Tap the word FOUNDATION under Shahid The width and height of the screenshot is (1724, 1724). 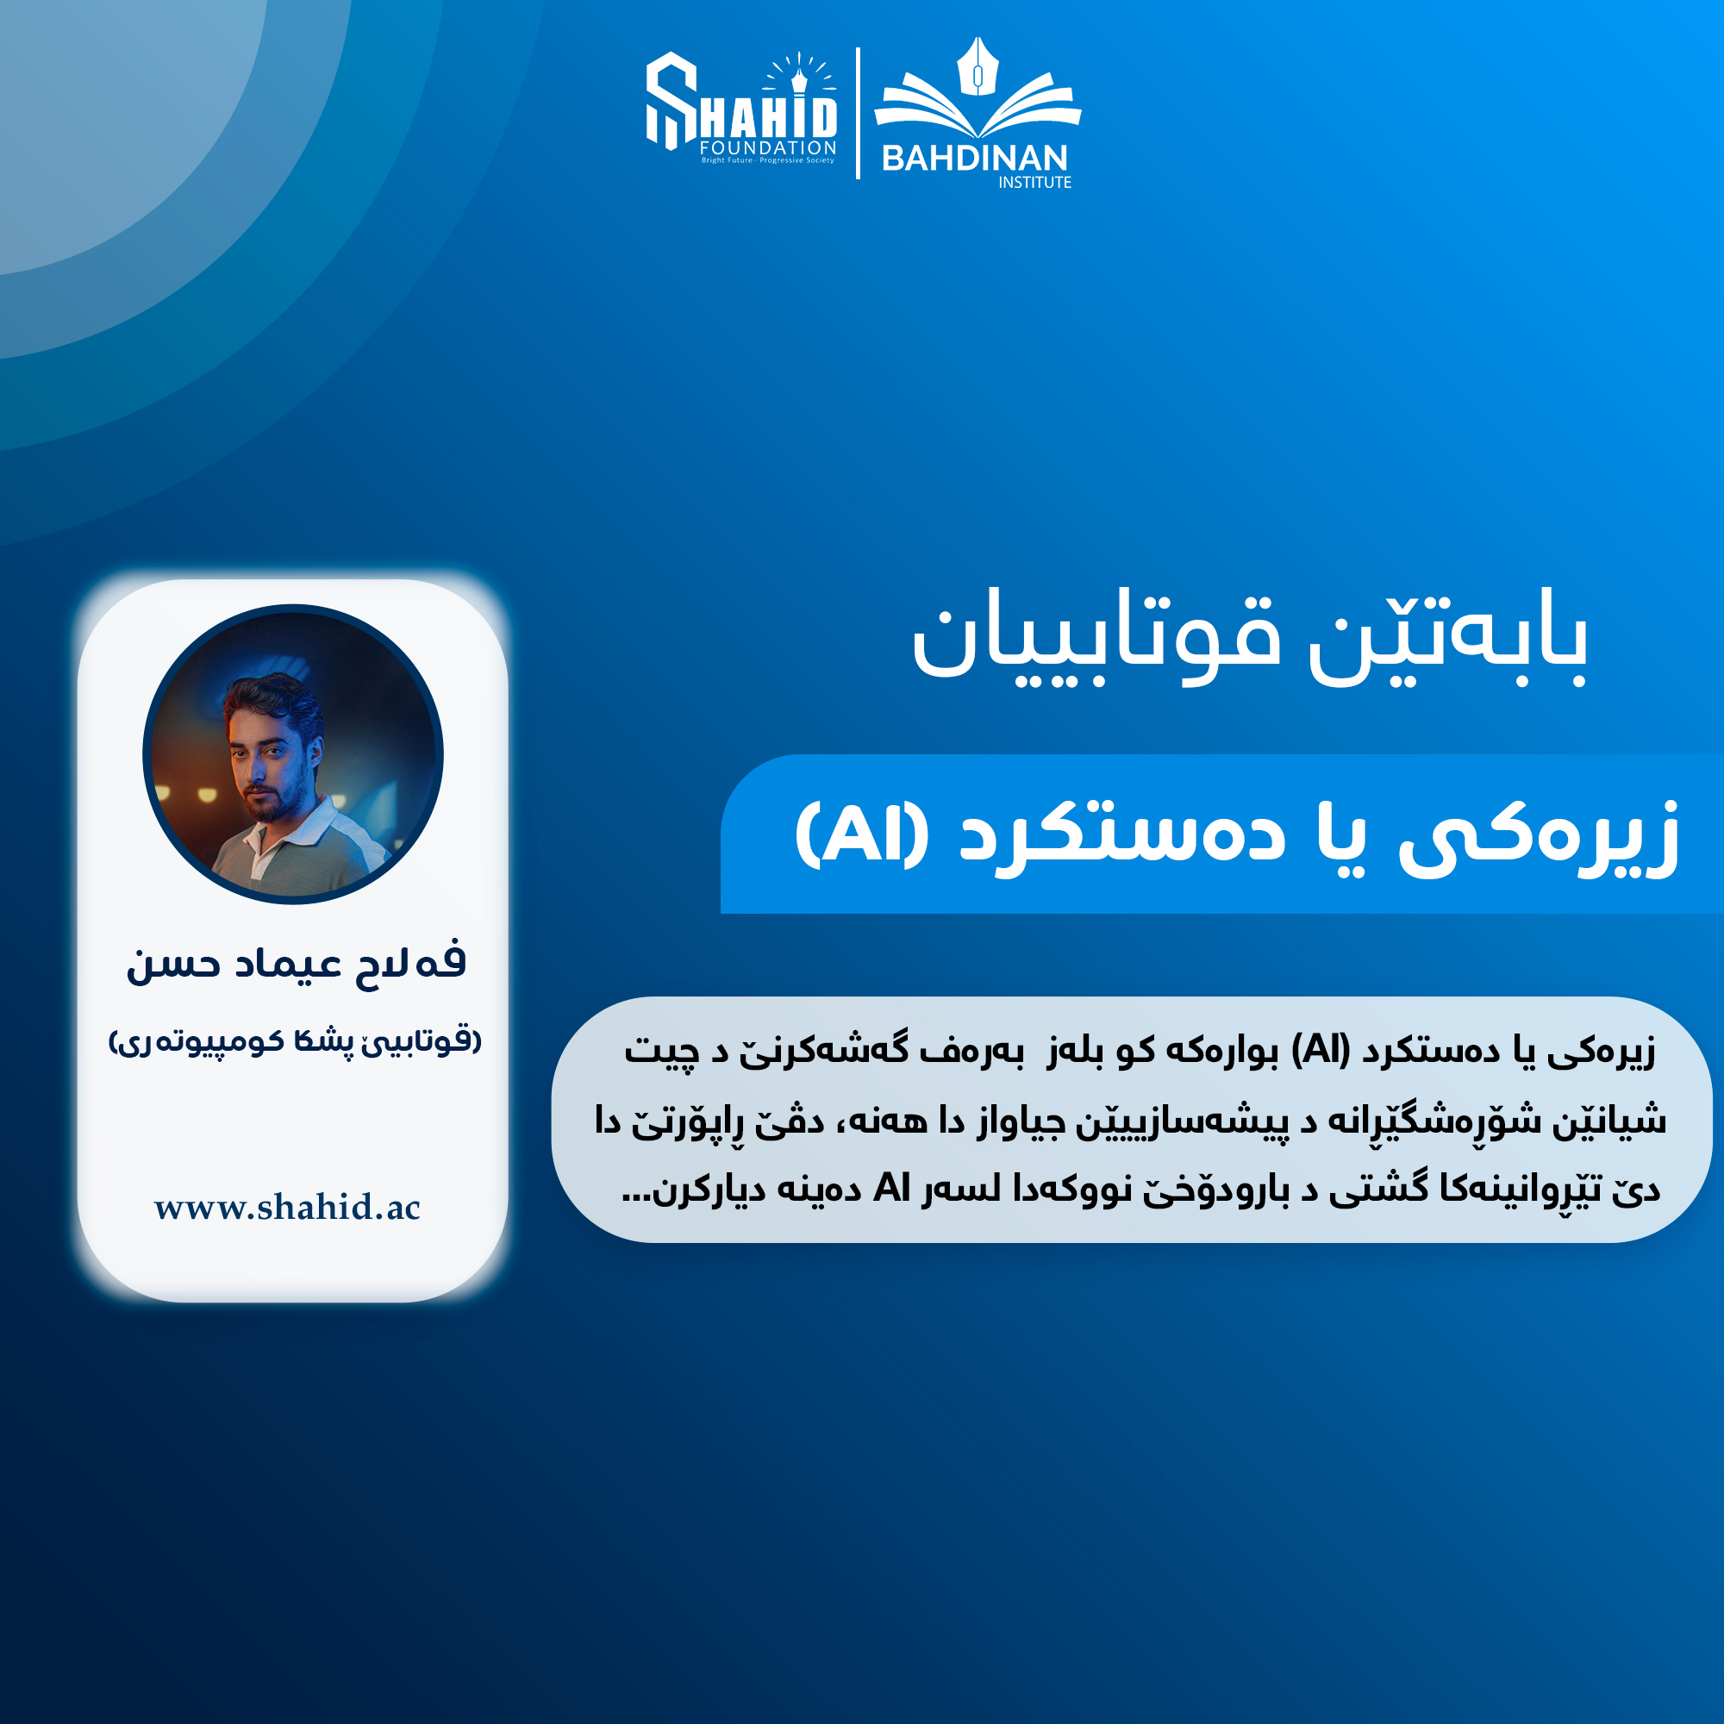click(x=768, y=147)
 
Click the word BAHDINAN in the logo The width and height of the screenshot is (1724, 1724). click(x=974, y=159)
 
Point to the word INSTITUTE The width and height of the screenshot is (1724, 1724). click(x=1034, y=182)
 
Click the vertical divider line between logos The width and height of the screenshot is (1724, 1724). click(x=858, y=113)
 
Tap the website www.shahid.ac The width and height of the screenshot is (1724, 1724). click(x=287, y=1208)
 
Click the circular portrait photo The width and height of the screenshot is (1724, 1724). click(x=293, y=754)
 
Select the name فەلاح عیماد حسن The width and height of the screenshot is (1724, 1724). click(x=297, y=964)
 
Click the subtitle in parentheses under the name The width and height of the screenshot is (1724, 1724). click(x=295, y=1041)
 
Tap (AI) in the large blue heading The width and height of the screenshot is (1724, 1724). click(x=862, y=834)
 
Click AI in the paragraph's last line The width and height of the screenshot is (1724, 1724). click(x=892, y=1188)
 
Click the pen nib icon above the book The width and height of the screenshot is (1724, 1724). click(x=978, y=66)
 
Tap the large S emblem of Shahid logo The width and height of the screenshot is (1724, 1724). click(x=671, y=101)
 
